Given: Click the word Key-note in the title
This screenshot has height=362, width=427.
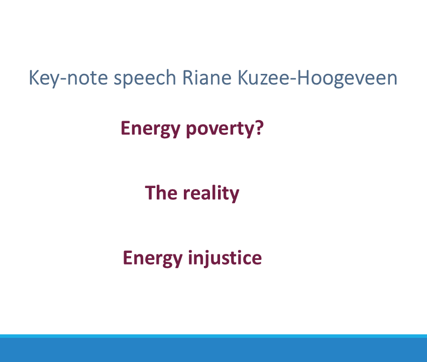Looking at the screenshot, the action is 68,78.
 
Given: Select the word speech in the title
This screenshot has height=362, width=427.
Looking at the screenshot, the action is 145,78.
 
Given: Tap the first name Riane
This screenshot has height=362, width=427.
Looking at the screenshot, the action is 207,77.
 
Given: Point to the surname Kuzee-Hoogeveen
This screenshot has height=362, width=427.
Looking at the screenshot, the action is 317,78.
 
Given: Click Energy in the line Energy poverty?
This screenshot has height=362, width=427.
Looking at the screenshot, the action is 151,129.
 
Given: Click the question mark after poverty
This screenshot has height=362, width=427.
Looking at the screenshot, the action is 260,128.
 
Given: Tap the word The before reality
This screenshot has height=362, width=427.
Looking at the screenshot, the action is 161,193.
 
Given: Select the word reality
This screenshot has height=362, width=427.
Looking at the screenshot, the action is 211,193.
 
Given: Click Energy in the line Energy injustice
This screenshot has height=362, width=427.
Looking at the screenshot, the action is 153,258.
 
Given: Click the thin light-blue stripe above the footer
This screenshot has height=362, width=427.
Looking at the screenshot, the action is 213,336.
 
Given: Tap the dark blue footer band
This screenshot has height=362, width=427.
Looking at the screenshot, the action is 213,350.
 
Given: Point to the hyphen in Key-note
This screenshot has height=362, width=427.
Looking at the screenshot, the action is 63,79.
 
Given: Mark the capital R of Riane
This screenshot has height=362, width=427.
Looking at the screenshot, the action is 187,77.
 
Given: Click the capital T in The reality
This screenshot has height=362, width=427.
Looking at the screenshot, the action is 151,193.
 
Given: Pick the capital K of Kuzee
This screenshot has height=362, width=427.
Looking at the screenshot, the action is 243,77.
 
